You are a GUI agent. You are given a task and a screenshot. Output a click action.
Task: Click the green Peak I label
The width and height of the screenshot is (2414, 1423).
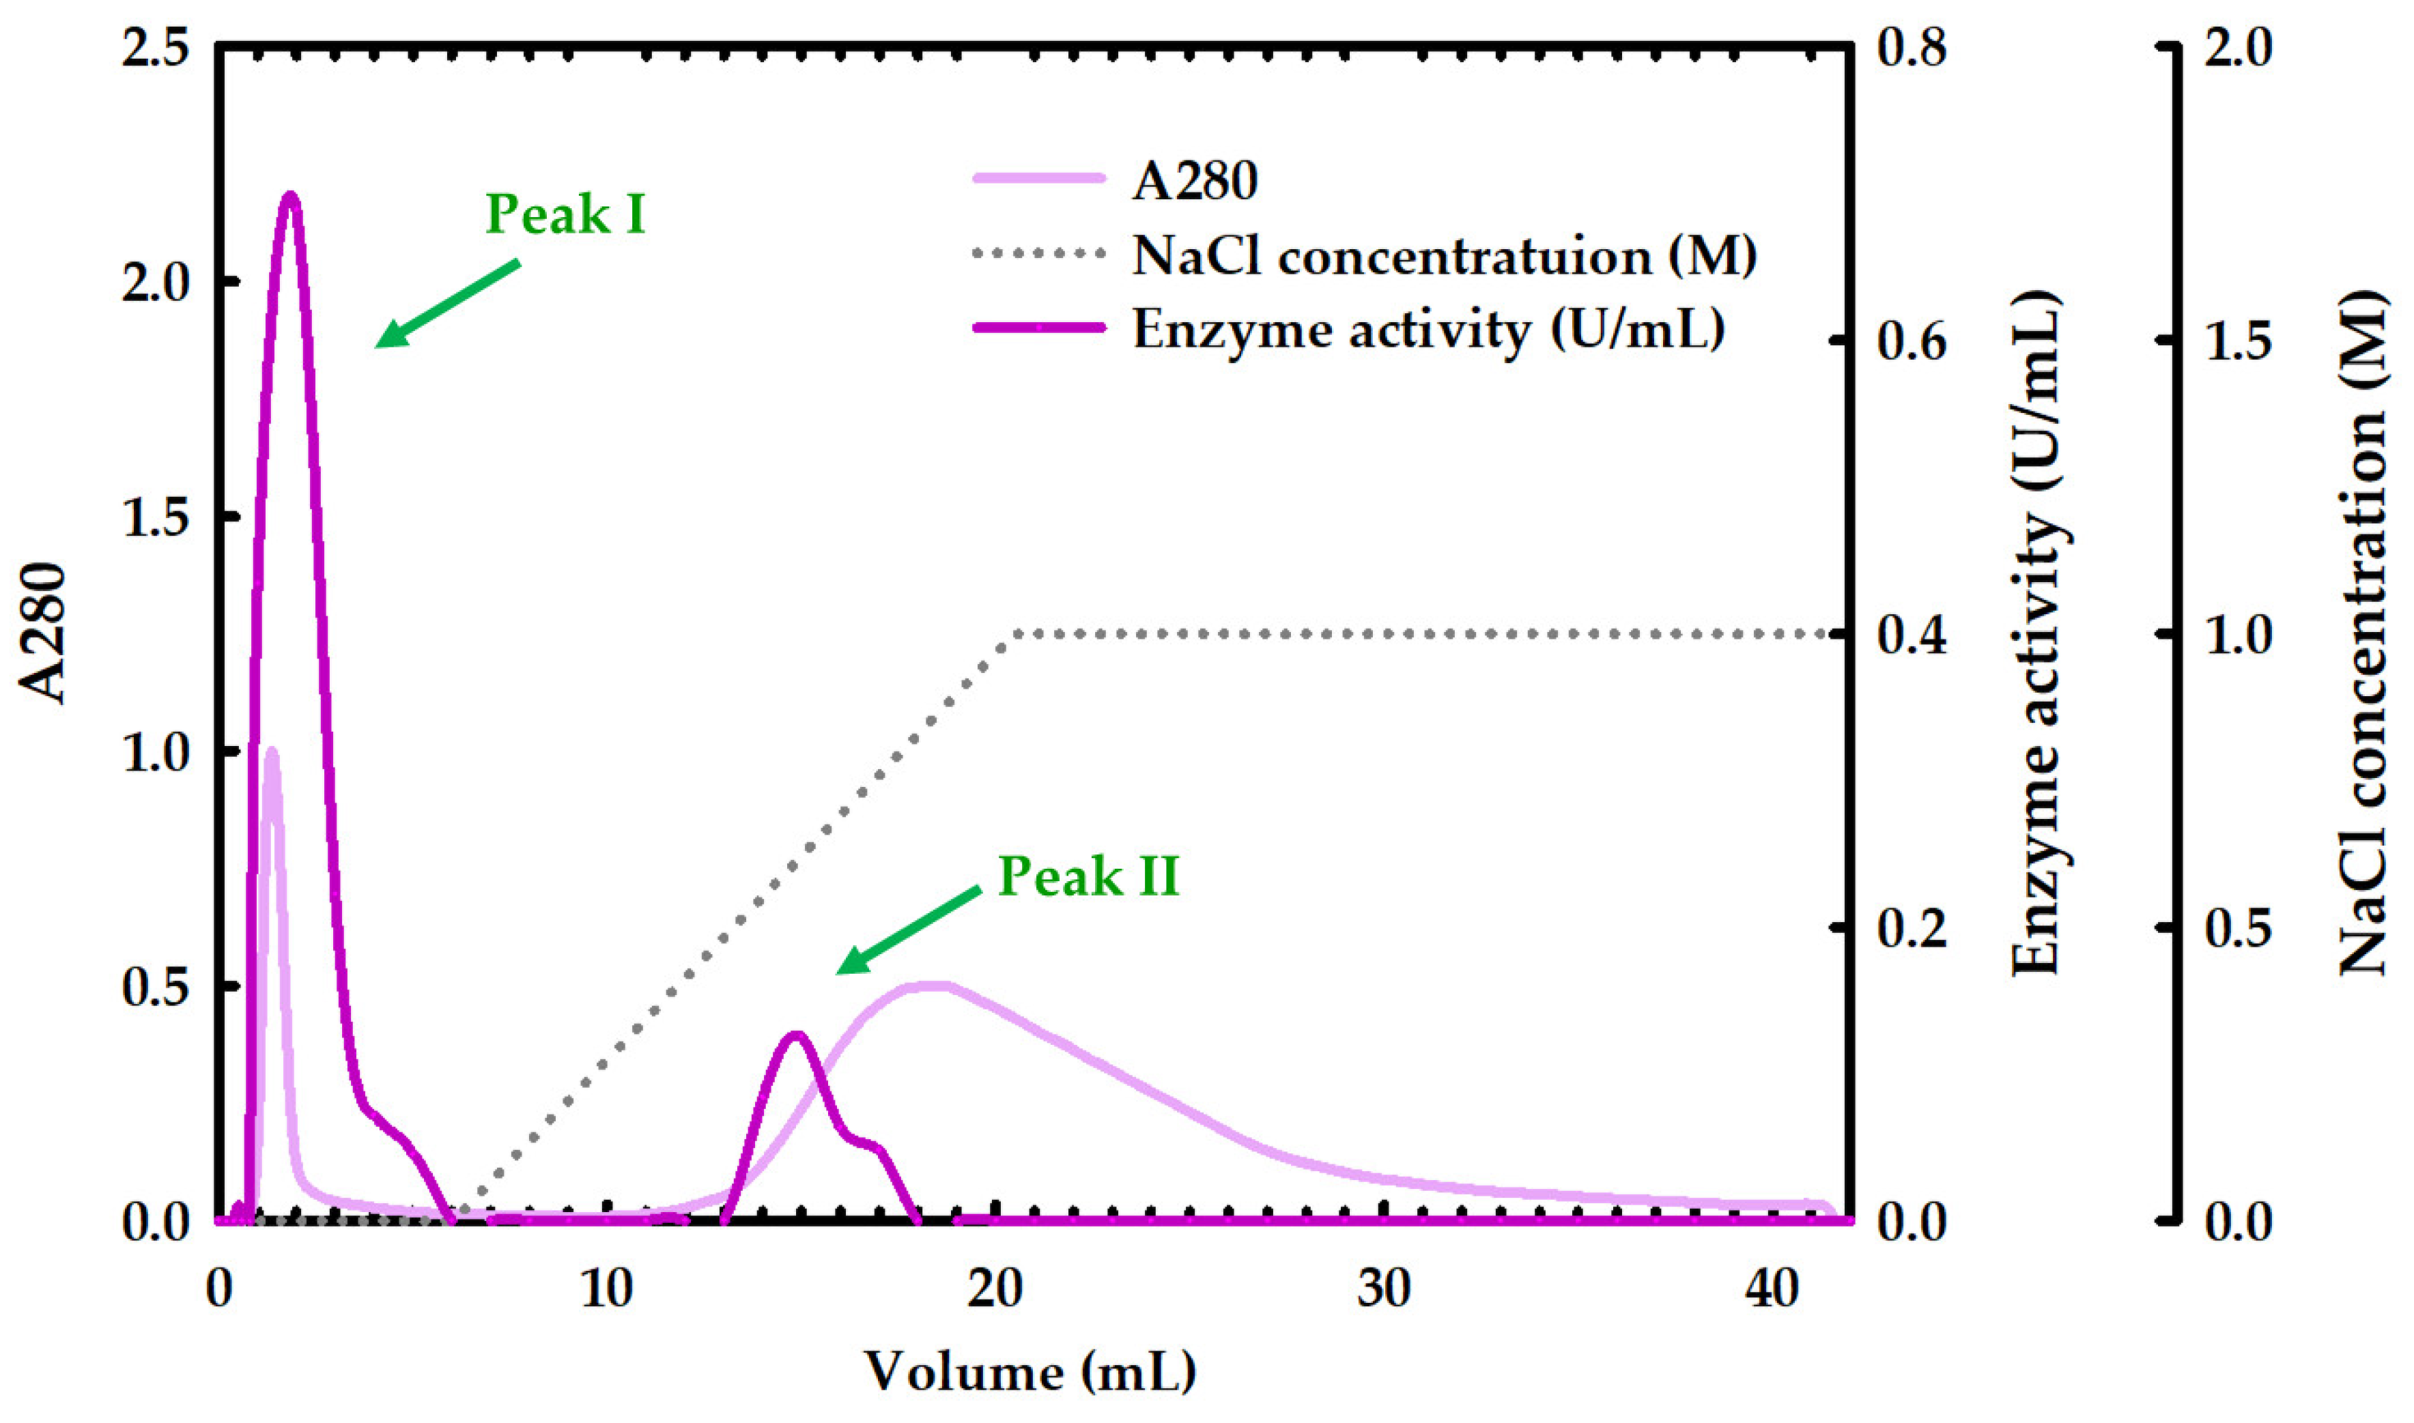[x=566, y=214]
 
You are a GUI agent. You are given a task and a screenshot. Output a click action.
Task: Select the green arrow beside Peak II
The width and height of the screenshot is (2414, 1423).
[x=908, y=929]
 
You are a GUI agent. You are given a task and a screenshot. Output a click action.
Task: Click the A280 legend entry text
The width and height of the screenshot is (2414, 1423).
[x=1194, y=179]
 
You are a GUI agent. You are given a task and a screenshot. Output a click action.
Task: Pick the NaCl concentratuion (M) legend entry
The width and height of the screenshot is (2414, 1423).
[x=1443, y=256]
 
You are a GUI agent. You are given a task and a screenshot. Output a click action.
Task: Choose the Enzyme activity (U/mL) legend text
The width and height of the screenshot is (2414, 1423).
[x=1429, y=329]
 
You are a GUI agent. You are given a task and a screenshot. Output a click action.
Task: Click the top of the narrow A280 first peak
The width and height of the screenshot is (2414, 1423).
[x=272, y=751]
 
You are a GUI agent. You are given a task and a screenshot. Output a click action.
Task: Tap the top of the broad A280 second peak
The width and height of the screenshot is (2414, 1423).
[x=931, y=985]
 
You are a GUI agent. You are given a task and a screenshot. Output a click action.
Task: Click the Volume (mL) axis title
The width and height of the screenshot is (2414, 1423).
[x=1030, y=1371]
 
